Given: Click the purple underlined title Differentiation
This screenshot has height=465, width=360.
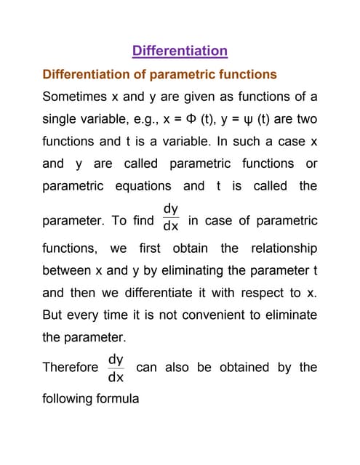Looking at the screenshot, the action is (x=180, y=51).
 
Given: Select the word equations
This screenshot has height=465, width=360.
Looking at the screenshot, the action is (x=143, y=185).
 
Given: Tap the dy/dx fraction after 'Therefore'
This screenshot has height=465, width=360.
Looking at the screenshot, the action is (x=116, y=368).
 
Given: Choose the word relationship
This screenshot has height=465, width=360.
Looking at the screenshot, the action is (x=284, y=248).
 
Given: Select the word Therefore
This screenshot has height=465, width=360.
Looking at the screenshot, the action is (x=71, y=368).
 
